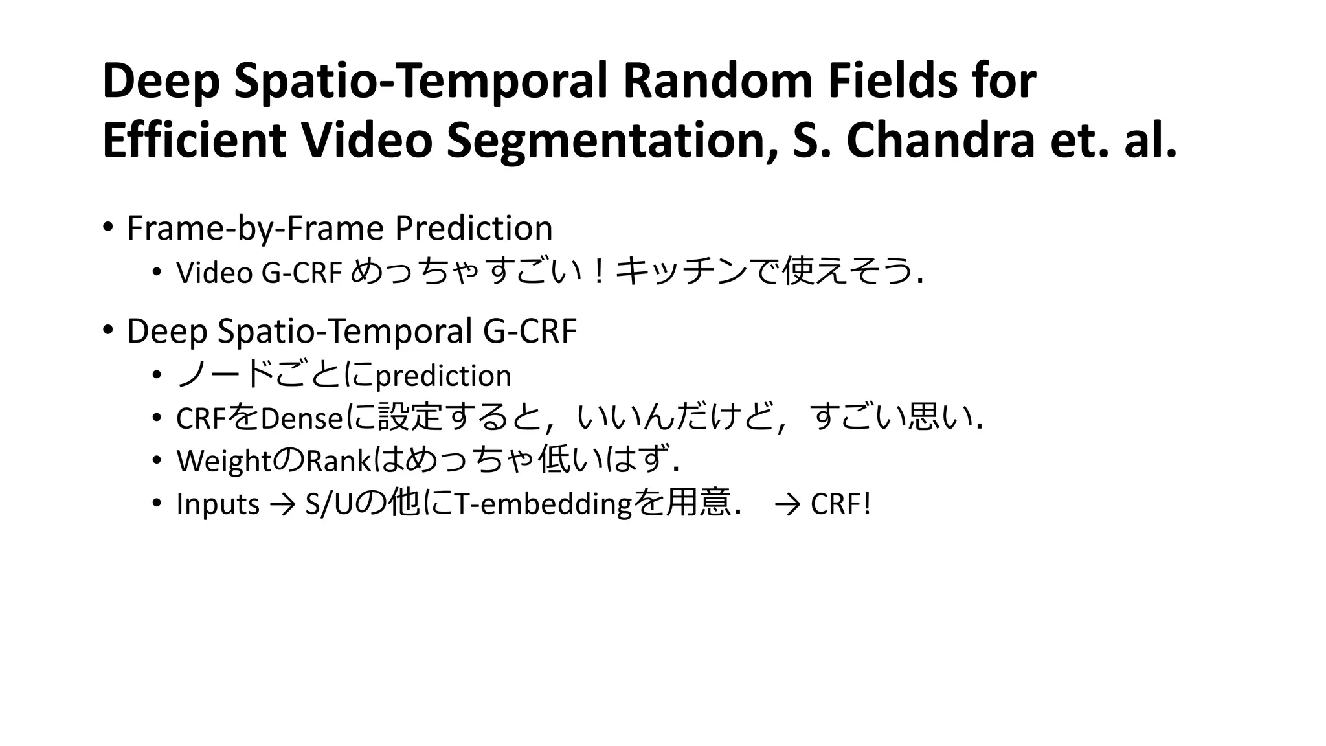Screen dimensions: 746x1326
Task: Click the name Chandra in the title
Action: click(940, 141)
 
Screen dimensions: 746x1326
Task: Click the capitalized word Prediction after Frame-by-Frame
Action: click(473, 229)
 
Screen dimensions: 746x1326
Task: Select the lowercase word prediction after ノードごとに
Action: click(443, 376)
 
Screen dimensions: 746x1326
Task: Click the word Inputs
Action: click(218, 504)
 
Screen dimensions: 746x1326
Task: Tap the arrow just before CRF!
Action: click(787, 504)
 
